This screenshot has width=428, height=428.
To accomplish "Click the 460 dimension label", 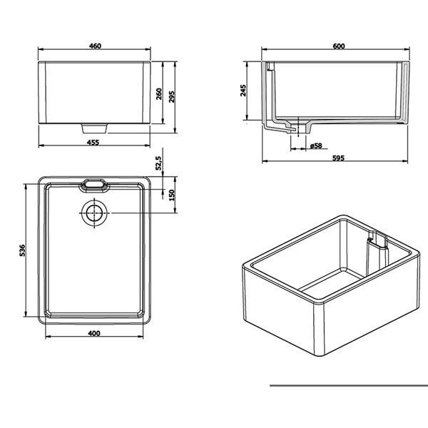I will tap(95, 46).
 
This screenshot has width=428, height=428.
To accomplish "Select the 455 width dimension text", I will tap(94, 143).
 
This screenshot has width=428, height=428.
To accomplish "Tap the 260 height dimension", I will tap(160, 93).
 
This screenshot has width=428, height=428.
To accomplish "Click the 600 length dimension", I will tap(338, 46).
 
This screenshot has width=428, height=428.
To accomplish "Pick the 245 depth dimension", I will tap(244, 91).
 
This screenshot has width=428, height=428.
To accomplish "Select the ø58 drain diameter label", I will tap(316, 146).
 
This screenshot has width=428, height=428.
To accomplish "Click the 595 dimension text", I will tap(338, 158).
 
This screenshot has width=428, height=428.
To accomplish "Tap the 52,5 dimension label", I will tap(160, 163).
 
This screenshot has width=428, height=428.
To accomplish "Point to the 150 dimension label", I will tap(171, 195).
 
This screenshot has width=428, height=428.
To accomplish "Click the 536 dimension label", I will tap(23, 250).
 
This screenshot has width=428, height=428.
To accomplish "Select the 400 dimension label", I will tap(93, 333).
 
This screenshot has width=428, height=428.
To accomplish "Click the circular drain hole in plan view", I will tap(93, 213).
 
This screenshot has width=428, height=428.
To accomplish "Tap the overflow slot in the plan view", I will tap(94, 185).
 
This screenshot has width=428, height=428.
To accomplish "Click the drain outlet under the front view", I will tap(95, 128).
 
